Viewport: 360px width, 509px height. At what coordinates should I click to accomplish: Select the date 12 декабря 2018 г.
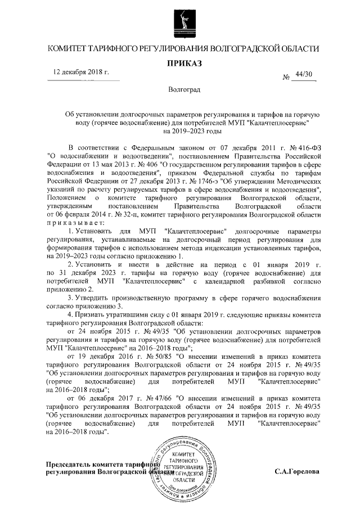[80, 73]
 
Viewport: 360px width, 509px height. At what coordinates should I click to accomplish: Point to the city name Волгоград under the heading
[184, 90]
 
